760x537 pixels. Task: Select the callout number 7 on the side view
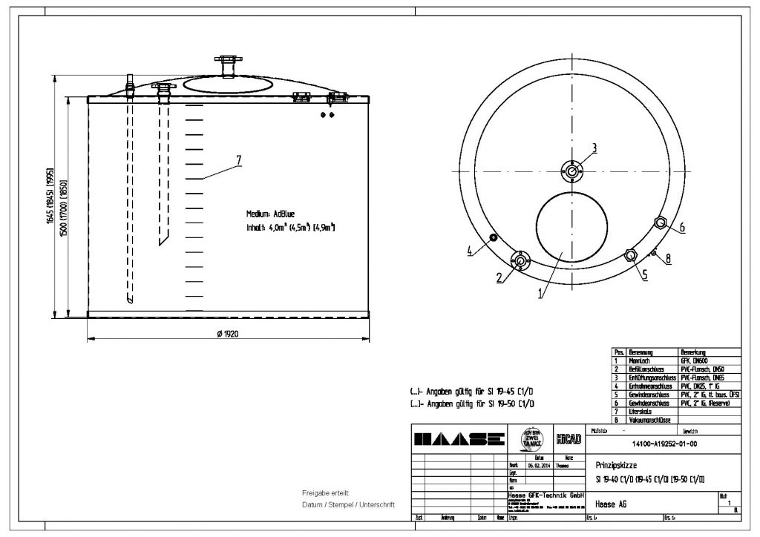click(x=238, y=159)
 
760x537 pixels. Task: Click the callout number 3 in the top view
click(x=594, y=145)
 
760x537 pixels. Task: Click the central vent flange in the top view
click(x=572, y=171)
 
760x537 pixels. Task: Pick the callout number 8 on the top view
click(x=668, y=259)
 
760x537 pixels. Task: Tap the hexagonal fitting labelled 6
click(x=660, y=222)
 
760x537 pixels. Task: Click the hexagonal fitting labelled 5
click(x=630, y=255)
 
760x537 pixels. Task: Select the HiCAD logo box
click(x=568, y=438)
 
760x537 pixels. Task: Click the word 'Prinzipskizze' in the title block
click(x=616, y=464)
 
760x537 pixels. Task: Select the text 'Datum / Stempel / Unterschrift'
click(x=347, y=504)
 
